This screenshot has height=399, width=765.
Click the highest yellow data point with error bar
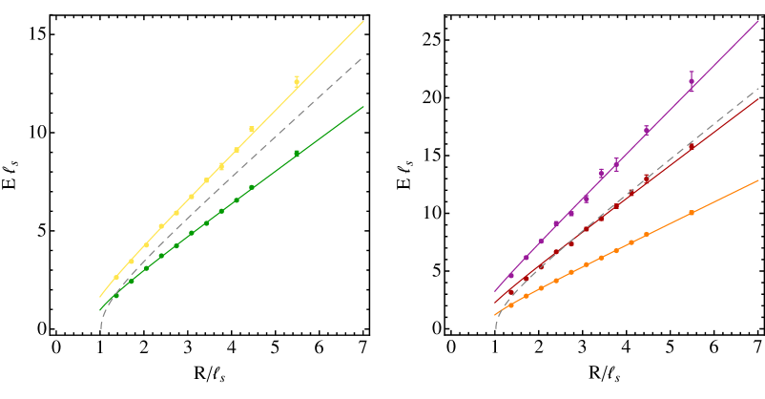click(297, 82)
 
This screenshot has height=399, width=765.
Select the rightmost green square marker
click(297, 153)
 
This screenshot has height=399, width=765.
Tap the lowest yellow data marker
click(116, 278)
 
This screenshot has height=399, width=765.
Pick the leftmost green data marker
click(116, 296)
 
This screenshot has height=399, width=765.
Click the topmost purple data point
click(692, 82)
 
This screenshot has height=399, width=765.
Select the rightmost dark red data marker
click(692, 147)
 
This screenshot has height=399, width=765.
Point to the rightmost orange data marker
click(692, 212)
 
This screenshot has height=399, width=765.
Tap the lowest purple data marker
click(511, 275)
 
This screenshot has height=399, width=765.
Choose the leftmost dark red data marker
click(511, 291)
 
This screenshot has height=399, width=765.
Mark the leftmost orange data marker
click(511, 305)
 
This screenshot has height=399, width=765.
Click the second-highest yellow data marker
click(252, 129)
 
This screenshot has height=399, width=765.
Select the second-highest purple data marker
click(647, 130)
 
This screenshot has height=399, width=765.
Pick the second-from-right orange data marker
click(647, 234)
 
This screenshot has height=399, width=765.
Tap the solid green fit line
click(334, 128)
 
